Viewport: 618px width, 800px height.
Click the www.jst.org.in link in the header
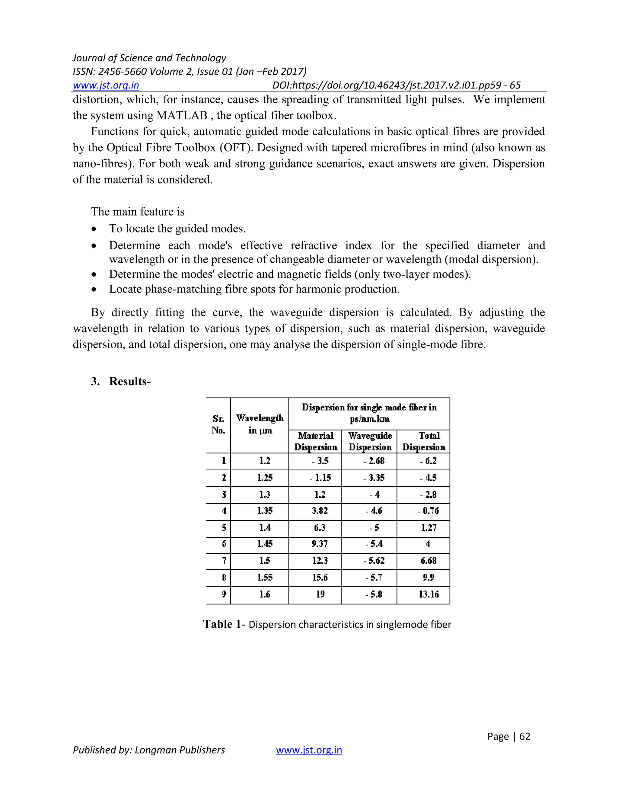coord(106,85)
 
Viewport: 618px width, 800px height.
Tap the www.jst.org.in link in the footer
coord(309,750)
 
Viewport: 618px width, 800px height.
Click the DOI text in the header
coord(396,85)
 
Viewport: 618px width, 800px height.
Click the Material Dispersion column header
coord(316,441)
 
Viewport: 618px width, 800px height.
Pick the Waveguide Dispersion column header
coord(370,441)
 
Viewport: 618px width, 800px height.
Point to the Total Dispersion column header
coord(424,441)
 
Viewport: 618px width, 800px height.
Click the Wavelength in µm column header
coord(260,424)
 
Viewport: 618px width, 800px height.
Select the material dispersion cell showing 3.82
coord(320,510)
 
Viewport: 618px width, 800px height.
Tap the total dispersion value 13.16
coord(428,594)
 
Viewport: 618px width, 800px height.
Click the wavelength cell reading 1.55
coord(265,577)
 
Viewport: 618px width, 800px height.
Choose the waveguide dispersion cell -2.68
coord(374,461)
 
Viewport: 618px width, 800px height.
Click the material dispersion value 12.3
coord(320,560)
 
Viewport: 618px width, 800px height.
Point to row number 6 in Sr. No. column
coord(224,544)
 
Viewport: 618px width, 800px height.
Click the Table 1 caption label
coord(222,624)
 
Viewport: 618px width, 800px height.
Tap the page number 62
coord(525,736)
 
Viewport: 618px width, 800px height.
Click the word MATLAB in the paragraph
coord(182,115)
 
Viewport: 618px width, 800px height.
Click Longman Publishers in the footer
coord(180,750)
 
